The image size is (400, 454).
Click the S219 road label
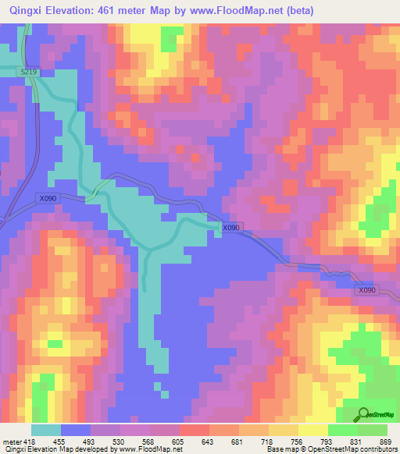click(29, 72)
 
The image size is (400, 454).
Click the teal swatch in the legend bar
click(46, 431)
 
